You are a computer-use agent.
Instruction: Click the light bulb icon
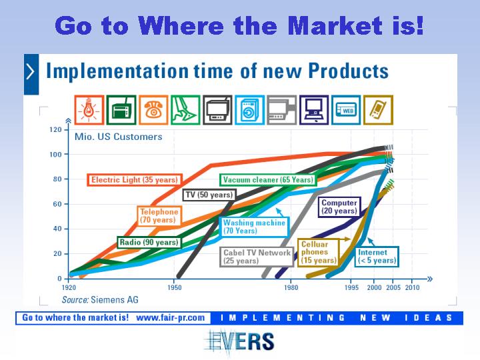(x=89, y=110)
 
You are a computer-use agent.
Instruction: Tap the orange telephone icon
(x=153, y=110)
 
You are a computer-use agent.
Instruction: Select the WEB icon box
(x=346, y=110)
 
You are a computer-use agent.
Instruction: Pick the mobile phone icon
(x=378, y=110)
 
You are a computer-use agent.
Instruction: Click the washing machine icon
(x=249, y=110)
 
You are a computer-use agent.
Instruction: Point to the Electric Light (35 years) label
(x=135, y=180)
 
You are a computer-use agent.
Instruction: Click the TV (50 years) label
(x=209, y=195)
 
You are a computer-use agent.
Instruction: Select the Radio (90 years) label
(x=149, y=243)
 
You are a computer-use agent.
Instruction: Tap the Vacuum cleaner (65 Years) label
(x=268, y=180)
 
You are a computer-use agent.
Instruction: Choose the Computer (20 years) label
(x=339, y=207)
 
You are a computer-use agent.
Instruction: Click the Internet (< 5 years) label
(x=377, y=257)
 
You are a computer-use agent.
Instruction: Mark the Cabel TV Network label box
(x=257, y=257)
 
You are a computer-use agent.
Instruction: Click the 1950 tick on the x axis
(x=174, y=288)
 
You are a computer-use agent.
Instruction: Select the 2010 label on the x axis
(x=413, y=288)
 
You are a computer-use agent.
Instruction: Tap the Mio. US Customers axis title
(x=119, y=137)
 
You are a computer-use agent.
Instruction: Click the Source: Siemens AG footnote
(x=100, y=300)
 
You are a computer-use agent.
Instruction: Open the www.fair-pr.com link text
(x=171, y=318)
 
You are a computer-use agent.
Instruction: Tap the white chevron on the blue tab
(x=31, y=72)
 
